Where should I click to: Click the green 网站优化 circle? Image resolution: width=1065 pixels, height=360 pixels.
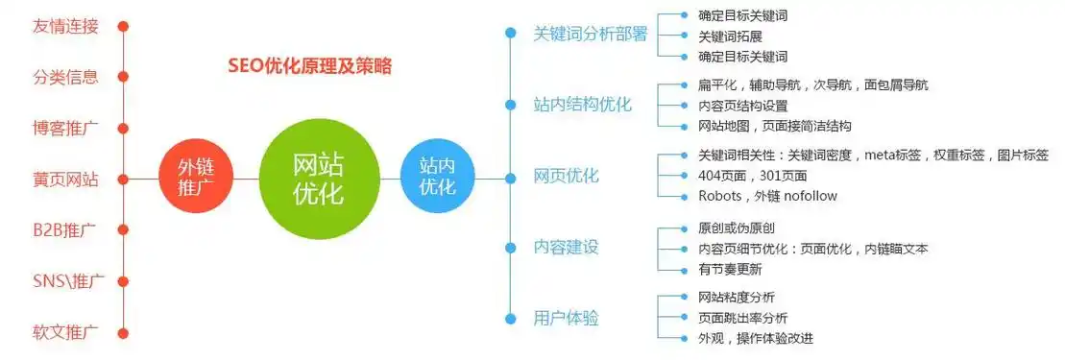pos(316,179)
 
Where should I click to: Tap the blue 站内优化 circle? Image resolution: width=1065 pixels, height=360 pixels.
pos(438,179)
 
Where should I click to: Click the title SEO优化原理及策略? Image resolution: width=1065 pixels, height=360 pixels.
pos(309,66)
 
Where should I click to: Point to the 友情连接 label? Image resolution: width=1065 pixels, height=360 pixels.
pos(64,26)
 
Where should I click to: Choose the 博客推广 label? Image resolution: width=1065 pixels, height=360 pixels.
pos(64,127)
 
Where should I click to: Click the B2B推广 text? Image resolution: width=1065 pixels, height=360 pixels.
pos(64,229)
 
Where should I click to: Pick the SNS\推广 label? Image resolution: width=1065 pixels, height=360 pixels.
pos(67,281)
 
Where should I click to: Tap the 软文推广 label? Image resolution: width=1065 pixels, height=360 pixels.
pos(64,332)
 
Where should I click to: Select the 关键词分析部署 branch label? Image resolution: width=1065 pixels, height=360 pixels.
pos(591,34)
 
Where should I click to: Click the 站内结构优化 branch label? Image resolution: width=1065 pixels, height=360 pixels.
pos(582,105)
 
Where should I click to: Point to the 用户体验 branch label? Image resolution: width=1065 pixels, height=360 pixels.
pos(566,318)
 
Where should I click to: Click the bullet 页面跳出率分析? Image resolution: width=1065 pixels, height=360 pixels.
pos(742,318)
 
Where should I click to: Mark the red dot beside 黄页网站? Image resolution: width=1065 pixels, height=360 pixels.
pos(124,179)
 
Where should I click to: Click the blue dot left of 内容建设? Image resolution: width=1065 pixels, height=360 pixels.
pos(511,247)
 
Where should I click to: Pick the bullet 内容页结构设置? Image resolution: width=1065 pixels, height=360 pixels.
pos(742,105)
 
